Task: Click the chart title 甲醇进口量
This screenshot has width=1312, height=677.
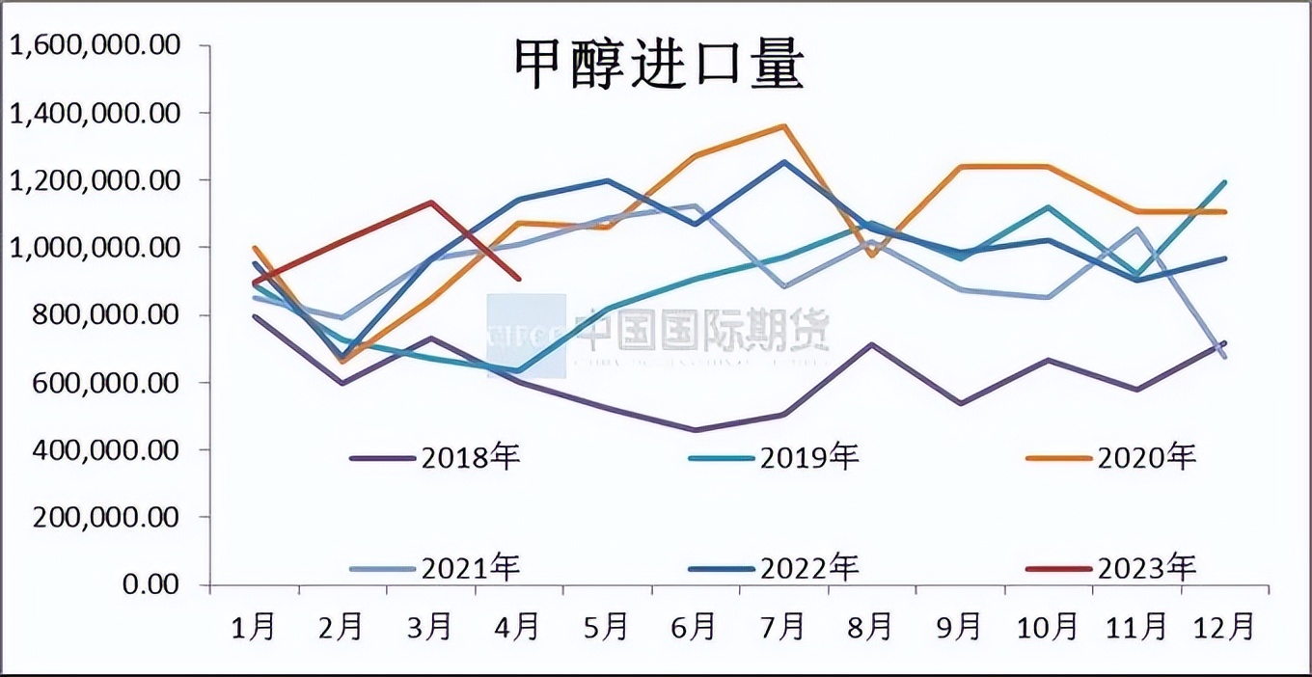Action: pos(656,66)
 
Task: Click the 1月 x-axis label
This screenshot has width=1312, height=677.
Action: pos(254,628)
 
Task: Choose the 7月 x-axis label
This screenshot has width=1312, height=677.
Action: pos(782,628)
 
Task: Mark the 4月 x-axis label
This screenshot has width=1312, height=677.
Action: pos(518,628)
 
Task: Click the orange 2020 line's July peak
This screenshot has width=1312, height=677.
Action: pos(783,125)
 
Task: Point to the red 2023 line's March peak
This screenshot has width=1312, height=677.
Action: pos(430,203)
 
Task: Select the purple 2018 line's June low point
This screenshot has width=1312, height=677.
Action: pos(696,430)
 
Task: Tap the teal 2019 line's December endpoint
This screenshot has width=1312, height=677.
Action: pos(1225,182)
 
